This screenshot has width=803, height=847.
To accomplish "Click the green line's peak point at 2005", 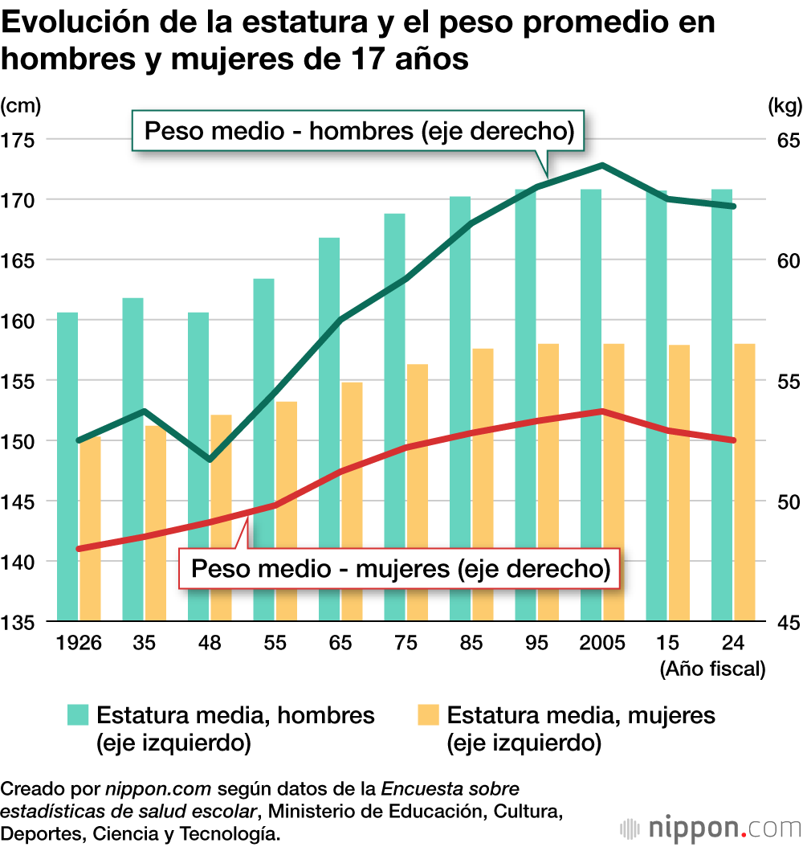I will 601,166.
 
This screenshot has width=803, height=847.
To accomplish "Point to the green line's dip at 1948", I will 210,460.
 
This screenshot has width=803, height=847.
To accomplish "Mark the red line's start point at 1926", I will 79,549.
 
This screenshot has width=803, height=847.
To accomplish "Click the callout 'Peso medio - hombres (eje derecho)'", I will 358,130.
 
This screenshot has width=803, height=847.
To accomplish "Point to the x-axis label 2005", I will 602,643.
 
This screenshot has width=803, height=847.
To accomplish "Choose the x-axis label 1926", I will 78,643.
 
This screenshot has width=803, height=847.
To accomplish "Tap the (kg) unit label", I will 782,105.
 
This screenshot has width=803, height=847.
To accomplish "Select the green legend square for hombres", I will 77,715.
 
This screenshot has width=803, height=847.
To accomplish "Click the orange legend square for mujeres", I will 428,715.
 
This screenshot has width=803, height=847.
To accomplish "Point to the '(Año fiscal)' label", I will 711,669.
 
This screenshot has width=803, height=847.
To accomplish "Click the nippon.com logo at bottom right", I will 711,828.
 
